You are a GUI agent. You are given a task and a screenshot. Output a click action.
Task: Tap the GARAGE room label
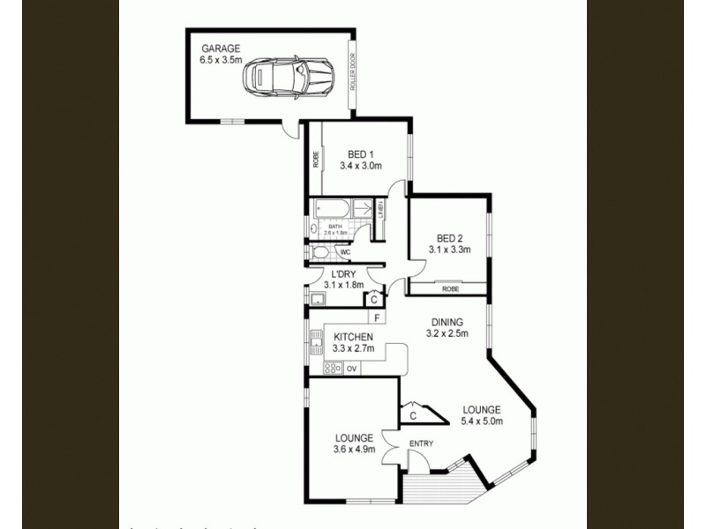221,48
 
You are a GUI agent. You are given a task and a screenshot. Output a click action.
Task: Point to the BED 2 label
450,238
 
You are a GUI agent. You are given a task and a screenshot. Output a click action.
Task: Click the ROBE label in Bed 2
450,288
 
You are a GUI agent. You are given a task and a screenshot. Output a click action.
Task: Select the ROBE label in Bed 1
315,160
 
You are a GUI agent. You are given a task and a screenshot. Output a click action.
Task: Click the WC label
345,253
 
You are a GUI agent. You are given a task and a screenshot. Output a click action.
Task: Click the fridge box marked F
377,317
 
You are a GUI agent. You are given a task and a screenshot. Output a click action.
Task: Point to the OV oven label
351,368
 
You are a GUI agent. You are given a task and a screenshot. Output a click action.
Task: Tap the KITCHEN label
353,337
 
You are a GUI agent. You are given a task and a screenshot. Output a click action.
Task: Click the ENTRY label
420,443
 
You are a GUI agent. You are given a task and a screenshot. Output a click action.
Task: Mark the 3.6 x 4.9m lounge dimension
355,450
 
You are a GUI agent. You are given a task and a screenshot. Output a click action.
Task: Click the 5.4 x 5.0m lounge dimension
482,421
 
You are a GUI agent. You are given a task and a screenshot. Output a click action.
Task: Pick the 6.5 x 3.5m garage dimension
221,61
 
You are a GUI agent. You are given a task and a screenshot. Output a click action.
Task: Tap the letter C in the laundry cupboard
374,299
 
